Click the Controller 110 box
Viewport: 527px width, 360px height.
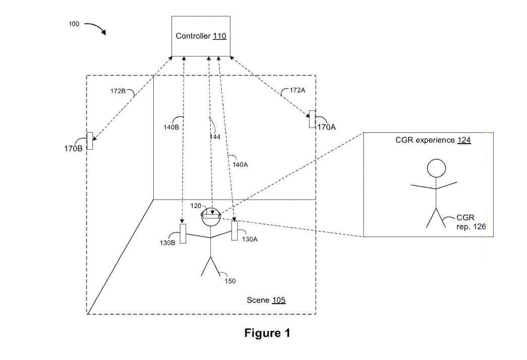click(201, 36)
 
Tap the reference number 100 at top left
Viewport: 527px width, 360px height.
click(74, 24)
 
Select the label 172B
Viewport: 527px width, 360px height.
click(118, 91)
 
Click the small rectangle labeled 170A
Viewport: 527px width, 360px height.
click(312, 119)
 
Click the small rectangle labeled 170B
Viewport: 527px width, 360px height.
click(90, 141)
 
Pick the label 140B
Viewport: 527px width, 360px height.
click(171, 128)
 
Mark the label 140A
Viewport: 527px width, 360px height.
click(240, 164)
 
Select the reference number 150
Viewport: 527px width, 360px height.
click(230, 281)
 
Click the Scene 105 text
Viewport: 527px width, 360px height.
click(266, 300)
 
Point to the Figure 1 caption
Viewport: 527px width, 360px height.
click(267, 333)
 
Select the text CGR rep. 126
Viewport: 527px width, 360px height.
click(471, 222)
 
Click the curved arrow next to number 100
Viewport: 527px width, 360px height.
click(95, 27)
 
